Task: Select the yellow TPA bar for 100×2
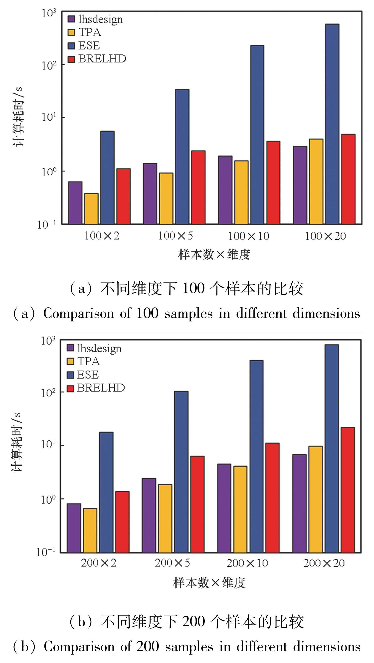coord(91,209)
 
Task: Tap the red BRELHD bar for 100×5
coord(198,187)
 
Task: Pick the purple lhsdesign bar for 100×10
coord(225,190)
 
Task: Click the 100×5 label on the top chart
coord(175,236)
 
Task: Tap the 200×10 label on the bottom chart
coord(247,563)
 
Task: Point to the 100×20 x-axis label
coord(325,236)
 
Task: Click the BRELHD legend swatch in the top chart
coord(71,59)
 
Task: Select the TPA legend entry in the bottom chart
coord(88,361)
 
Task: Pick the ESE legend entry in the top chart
coord(89,46)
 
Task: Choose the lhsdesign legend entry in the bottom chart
coord(99,348)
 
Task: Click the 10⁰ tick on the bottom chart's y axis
coord(48,499)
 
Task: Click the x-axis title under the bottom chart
coord(209,583)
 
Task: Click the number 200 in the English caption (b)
coord(147,646)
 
